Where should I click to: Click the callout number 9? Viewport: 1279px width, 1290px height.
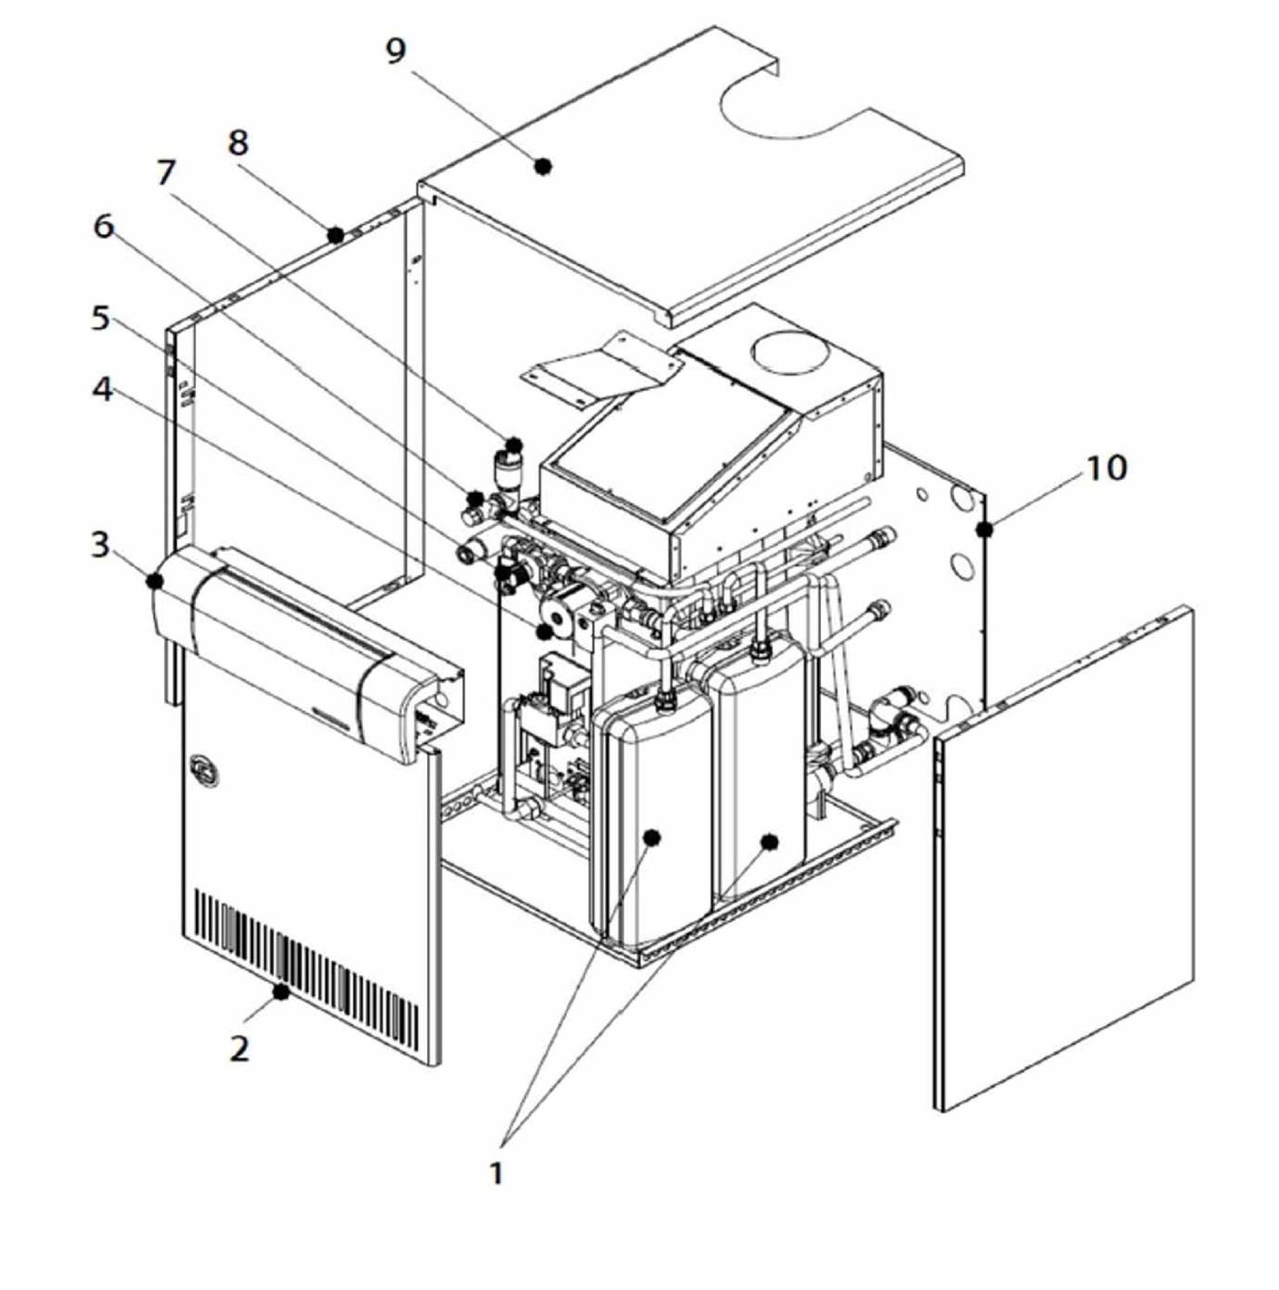pyautogui.click(x=395, y=52)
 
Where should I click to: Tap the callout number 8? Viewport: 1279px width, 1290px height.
pyautogui.click(x=238, y=143)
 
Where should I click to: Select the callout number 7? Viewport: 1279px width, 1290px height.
pyautogui.click(x=165, y=172)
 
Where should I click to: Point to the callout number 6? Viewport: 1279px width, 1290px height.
pyautogui.click(x=103, y=227)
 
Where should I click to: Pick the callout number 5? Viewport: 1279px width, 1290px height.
pyautogui.click(x=101, y=318)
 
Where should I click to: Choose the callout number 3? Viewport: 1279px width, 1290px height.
pyautogui.click(x=101, y=545)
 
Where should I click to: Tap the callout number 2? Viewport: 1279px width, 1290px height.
pyautogui.click(x=239, y=1048)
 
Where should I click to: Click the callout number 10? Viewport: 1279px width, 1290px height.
pyautogui.click(x=1107, y=468)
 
